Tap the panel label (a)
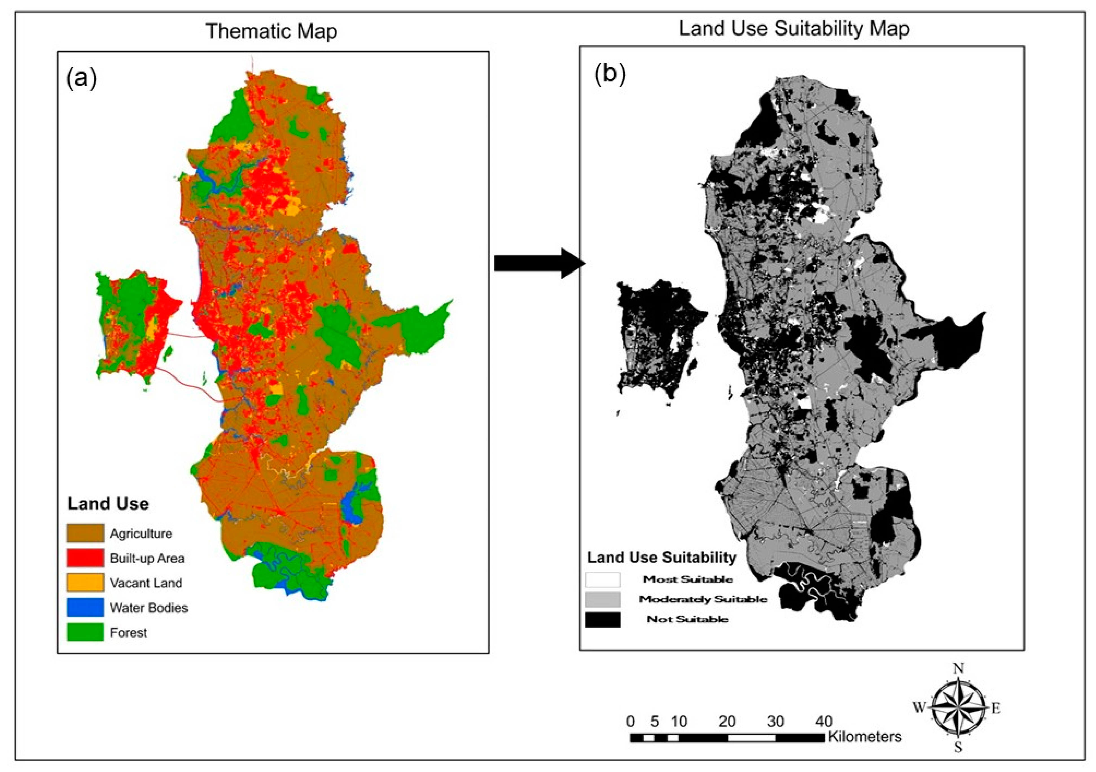[x=82, y=78]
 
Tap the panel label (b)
[x=610, y=75]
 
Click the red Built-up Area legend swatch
[x=85, y=558]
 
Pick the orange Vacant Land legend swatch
[x=85, y=582]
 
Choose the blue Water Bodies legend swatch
[x=85, y=607]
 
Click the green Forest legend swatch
[x=85, y=632]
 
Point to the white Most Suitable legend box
[x=602, y=579]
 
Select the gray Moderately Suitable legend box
[x=602, y=599]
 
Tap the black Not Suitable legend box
[x=602, y=620]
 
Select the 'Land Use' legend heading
[x=108, y=504]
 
